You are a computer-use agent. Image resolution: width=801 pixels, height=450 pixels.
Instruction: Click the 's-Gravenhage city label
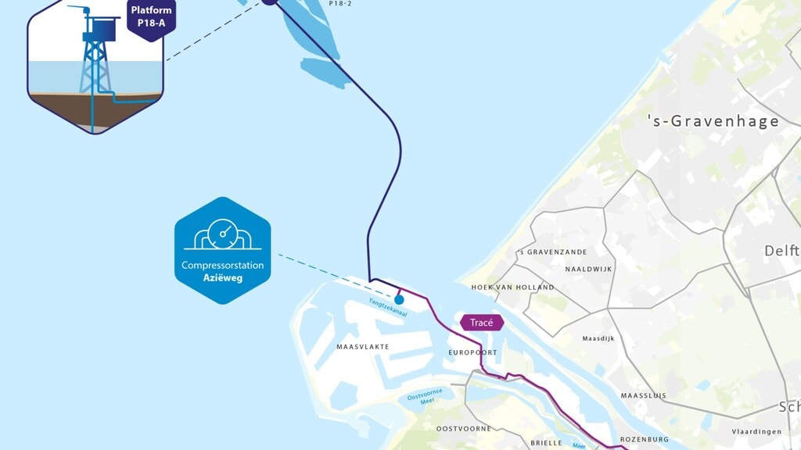(713, 121)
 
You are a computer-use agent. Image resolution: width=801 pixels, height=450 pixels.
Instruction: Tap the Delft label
(781, 251)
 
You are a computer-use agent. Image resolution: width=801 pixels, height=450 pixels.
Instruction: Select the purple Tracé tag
(481, 322)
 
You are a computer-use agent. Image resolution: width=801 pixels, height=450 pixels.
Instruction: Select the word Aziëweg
(223, 277)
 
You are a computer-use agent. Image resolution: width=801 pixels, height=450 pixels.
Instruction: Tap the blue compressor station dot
(399, 299)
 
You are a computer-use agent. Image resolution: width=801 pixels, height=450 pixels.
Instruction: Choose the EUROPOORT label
(472, 353)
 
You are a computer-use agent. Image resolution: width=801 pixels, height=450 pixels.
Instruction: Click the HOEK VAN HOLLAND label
(512, 287)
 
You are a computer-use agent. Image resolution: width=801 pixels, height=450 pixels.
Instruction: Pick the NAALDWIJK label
(589, 269)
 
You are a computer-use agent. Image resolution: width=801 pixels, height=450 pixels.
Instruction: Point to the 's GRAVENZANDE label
(552, 252)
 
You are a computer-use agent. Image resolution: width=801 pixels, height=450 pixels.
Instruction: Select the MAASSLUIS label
(643, 395)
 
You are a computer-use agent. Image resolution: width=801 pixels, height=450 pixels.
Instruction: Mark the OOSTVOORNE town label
(463, 428)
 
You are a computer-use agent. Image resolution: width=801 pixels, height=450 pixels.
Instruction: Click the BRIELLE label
(546, 442)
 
